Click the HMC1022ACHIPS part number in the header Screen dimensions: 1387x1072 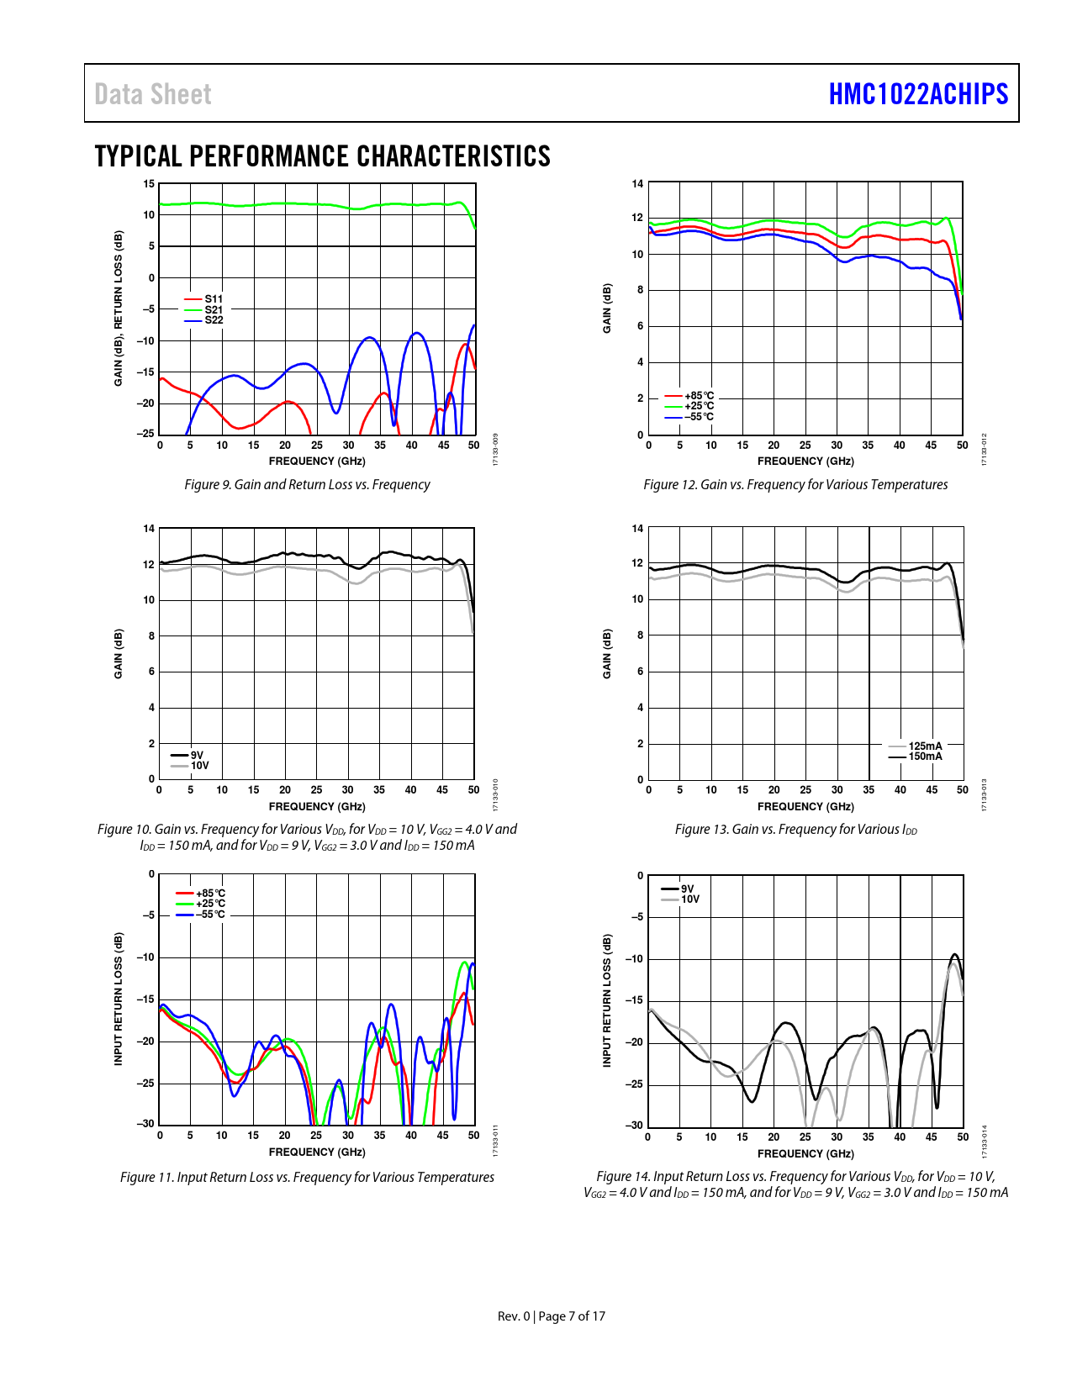(918, 94)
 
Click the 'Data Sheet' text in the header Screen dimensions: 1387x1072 (153, 94)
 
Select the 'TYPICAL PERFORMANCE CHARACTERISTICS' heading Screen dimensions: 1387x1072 (323, 156)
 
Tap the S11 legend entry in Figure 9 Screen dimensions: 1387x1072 (214, 299)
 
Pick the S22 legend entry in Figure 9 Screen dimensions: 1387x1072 (214, 320)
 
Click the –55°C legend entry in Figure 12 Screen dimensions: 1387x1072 (699, 417)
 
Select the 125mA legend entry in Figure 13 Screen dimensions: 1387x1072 (925, 746)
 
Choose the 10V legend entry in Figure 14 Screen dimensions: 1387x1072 (689, 899)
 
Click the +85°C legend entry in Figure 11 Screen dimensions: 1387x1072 (210, 894)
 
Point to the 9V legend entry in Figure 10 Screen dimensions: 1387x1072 (197, 755)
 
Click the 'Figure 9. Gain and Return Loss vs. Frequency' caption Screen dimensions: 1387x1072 (307, 485)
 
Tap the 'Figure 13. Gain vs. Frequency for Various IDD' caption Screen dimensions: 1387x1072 (795, 830)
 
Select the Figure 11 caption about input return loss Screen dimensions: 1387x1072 (307, 1178)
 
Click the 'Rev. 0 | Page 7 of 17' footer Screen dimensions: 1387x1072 (552, 1316)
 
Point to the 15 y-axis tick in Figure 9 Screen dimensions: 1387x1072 (149, 184)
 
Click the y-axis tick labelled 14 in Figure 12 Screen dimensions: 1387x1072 (637, 184)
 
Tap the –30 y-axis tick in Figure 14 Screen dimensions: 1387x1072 (634, 1126)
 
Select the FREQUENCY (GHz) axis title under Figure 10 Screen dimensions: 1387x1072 (317, 807)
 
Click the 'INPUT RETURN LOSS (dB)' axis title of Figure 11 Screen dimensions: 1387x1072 (119, 999)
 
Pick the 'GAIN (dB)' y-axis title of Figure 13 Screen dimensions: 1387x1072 (607, 654)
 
